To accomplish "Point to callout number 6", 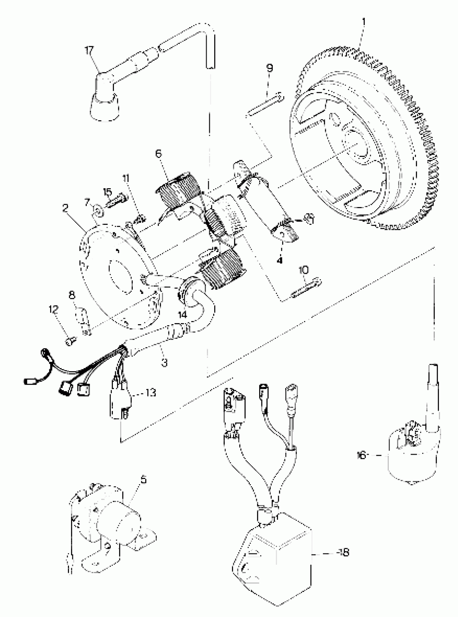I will (159, 154).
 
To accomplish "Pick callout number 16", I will (361, 455).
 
